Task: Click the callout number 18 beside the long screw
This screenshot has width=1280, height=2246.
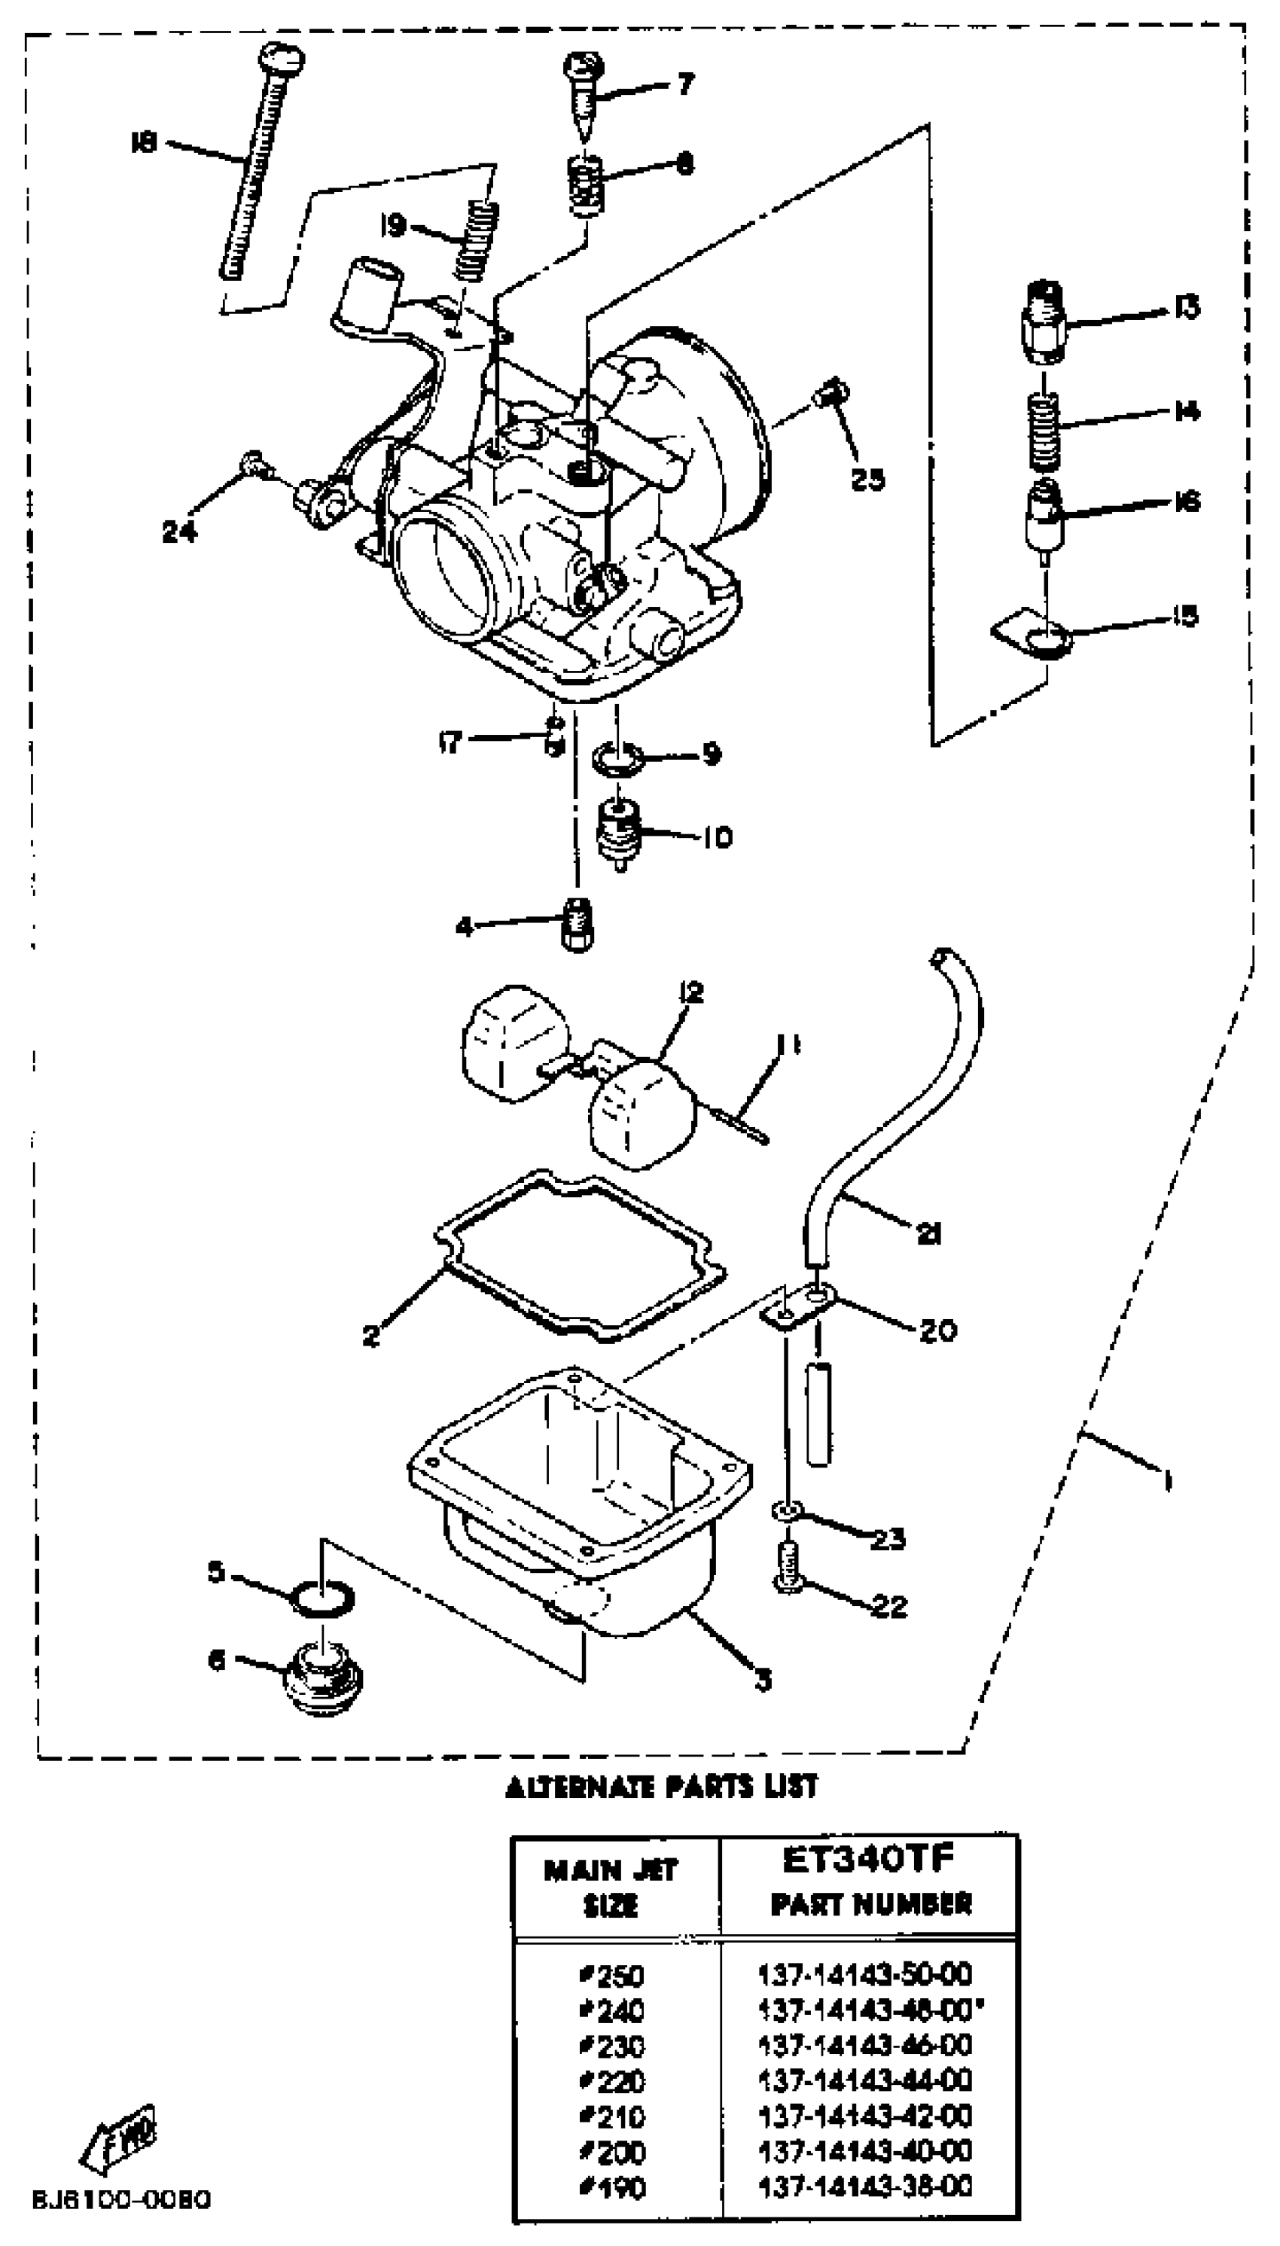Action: tap(142, 142)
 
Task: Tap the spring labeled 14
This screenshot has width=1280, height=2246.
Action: tap(1044, 431)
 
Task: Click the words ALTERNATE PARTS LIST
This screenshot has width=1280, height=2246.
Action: tap(661, 1786)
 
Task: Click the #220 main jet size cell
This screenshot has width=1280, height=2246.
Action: tap(613, 2081)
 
